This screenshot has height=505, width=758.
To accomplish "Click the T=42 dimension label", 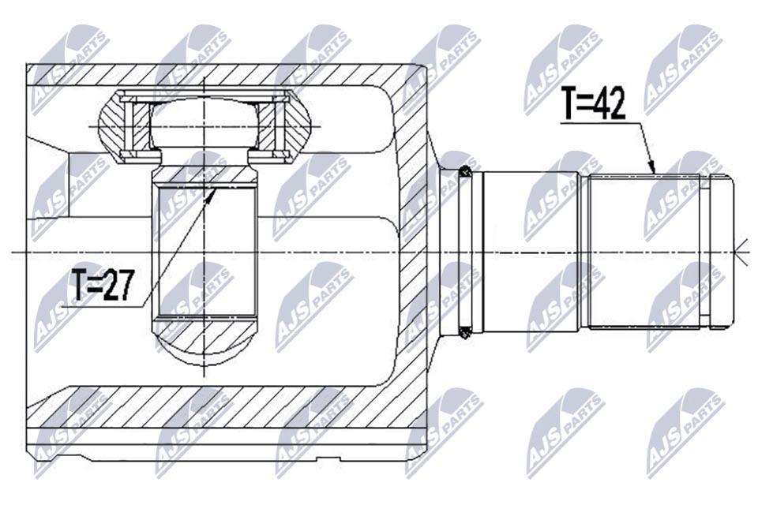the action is point(593,103).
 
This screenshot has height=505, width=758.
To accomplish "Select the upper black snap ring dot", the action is point(464,170).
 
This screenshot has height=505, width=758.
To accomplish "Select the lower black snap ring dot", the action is point(464,332).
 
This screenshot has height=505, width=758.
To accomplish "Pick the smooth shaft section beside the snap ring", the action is point(531,251).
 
